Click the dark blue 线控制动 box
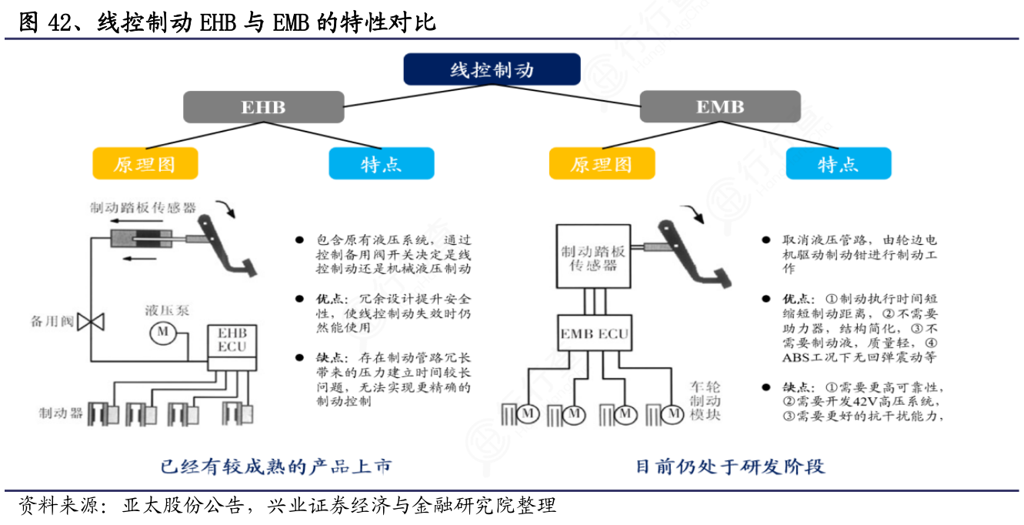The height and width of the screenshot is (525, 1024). (492, 69)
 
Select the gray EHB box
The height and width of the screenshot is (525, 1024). (263, 106)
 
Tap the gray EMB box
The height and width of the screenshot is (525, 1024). (719, 106)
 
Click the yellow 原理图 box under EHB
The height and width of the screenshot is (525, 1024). (145, 163)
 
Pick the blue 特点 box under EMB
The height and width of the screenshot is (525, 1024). (838, 163)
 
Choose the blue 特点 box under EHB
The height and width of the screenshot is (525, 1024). (381, 163)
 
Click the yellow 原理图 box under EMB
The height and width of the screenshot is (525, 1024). (602, 163)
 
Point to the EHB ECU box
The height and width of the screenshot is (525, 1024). (232, 341)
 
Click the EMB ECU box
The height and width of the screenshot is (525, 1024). (594, 334)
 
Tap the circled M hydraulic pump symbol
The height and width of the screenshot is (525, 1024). (162, 332)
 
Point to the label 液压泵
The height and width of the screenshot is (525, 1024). (167, 311)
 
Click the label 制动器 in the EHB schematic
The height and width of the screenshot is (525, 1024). (61, 413)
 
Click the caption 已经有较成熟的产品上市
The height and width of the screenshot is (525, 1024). (275, 466)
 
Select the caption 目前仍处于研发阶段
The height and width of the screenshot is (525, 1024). (729, 466)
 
